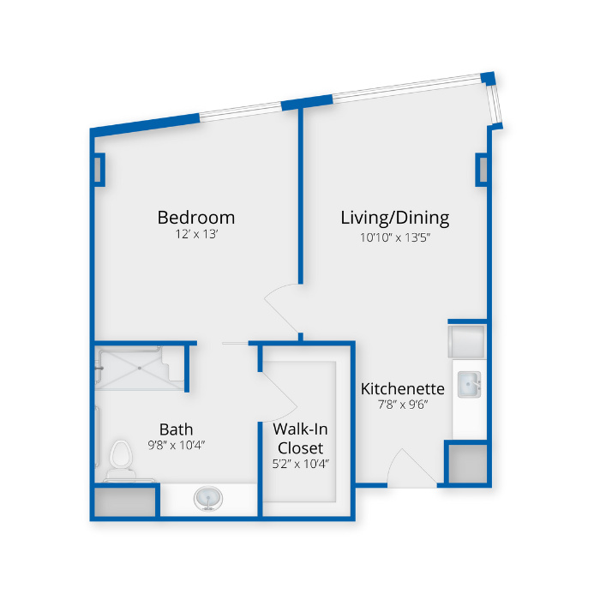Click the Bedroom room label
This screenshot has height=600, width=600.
[x=195, y=217]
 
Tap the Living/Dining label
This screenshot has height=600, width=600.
[x=394, y=217]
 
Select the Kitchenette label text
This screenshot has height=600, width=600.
[x=402, y=388]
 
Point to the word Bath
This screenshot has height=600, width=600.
[x=176, y=429]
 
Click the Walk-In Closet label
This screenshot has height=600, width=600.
[x=298, y=437]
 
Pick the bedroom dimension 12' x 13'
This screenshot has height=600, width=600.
[x=195, y=234]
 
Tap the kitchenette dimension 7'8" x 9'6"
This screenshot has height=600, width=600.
[x=402, y=405]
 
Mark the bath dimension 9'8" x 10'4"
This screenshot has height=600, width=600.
[x=176, y=445]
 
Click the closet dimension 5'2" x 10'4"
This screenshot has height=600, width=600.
[x=300, y=464]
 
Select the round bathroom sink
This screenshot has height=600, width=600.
[x=207, y=497]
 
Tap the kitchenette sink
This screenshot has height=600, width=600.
[x=468, y=384]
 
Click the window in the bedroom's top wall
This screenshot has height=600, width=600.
[x=240, y=111]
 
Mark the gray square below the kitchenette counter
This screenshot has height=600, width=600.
[x=467, y=463]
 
